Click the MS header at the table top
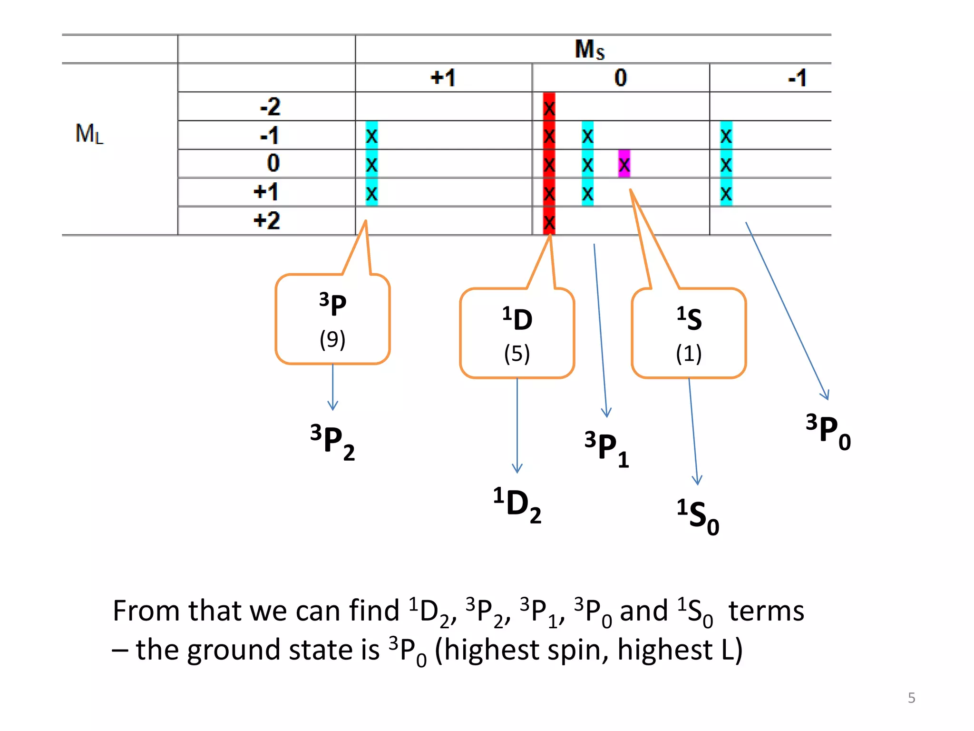point(589,49)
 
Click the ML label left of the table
point(89,134)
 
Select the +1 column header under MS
point(443,78)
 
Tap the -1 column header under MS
point(797,78)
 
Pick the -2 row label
point(270,107)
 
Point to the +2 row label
point(267,221)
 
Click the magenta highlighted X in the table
point(624,165)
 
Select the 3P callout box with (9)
point(332,319)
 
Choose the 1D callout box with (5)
point(517,334)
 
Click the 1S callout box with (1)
point(689,334)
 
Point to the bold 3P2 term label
point(332,442)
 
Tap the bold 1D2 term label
point(517,504)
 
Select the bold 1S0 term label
point(698,516)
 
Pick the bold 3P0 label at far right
point(828,431)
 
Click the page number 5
point(911,698)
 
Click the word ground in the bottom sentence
point(233,650)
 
